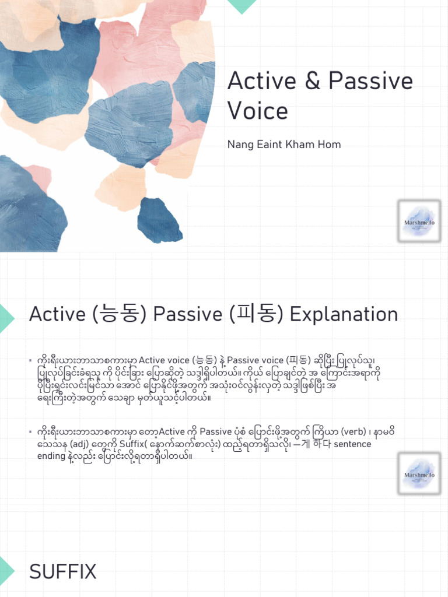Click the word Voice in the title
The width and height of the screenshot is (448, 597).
[257, 110]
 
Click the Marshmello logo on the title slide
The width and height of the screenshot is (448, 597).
[419, 222]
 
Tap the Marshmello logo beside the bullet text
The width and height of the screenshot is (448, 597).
[419, 475]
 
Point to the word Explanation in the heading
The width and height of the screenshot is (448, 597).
[344, 315]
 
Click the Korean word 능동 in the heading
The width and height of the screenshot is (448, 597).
[123, 315]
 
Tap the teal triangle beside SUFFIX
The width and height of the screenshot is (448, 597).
[6, 573]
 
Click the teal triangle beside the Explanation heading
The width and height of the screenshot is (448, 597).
[6, 317]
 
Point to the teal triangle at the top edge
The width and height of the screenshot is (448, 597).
[242, 5]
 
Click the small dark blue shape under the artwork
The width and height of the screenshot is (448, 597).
[159, 220]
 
